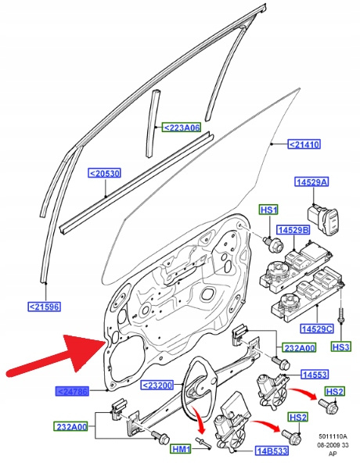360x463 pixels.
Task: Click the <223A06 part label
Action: [x=182, y=127]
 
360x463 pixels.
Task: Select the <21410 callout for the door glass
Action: [x=304, y=145]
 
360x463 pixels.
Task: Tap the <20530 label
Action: [x=105, y=173]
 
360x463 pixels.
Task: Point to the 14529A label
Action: [x=311, y=182]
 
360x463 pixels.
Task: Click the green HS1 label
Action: [x=269, y=210]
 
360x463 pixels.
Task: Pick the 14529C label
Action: [x=316, y=328]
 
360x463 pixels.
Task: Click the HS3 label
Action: [x=341, y=346]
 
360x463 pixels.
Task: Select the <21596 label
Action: [x=45, y=307]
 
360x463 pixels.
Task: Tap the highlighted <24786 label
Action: [x=72, y=392]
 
